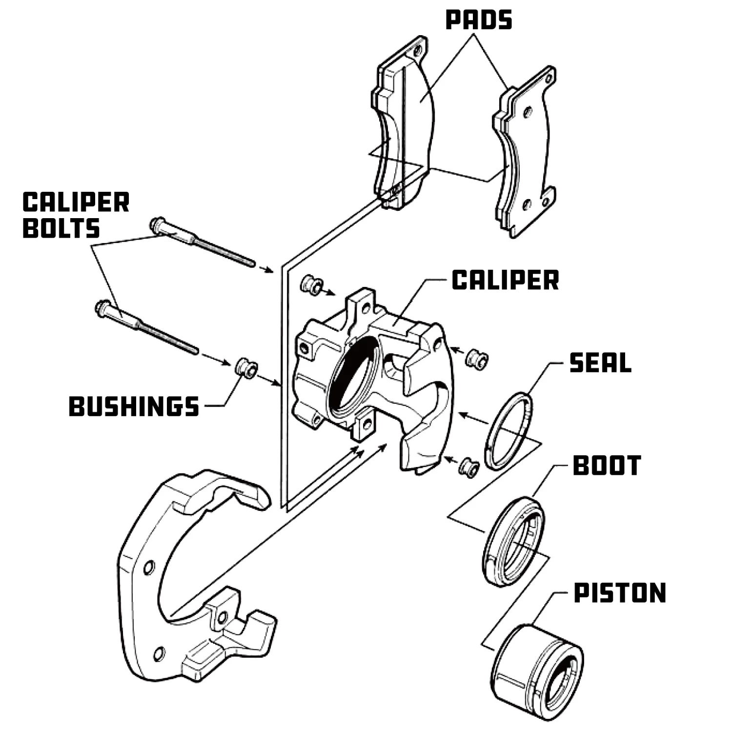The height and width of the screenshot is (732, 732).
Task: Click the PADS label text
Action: [479, 20]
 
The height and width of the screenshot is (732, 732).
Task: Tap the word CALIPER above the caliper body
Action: [505, 280]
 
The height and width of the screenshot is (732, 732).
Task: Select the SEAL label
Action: [600, 363]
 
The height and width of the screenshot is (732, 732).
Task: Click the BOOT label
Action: [607, 466]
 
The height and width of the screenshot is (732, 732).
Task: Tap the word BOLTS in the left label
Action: [61, 228]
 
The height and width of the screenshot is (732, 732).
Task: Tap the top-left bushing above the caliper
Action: [311, 284]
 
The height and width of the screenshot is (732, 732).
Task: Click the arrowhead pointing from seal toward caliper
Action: [464, 415]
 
